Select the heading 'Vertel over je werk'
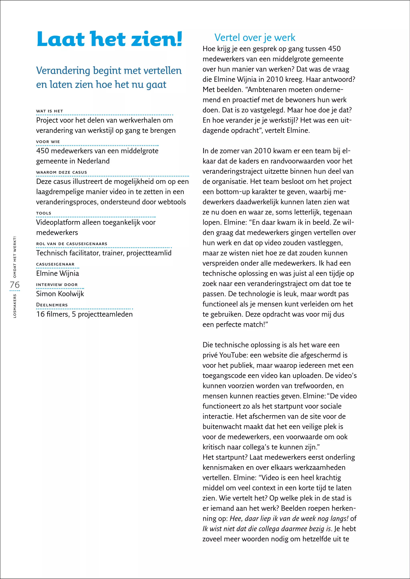pos(254,37)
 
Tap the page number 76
pos(15,285)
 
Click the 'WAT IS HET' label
pos(49,111)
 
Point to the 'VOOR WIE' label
pos(48,142)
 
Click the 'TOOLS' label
pos(44,213)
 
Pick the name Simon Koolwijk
pos(60,294)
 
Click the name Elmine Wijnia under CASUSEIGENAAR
pos(58,273)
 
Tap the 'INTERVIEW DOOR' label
pos(57,284)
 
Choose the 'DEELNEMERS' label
pos(52,305)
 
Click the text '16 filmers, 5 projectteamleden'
pos(84,314)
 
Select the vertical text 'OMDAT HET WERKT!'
pos(15,257)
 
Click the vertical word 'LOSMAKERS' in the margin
pos(15,306)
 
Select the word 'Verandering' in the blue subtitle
pos(63,70)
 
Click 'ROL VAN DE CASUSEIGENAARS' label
pos(72,244)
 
